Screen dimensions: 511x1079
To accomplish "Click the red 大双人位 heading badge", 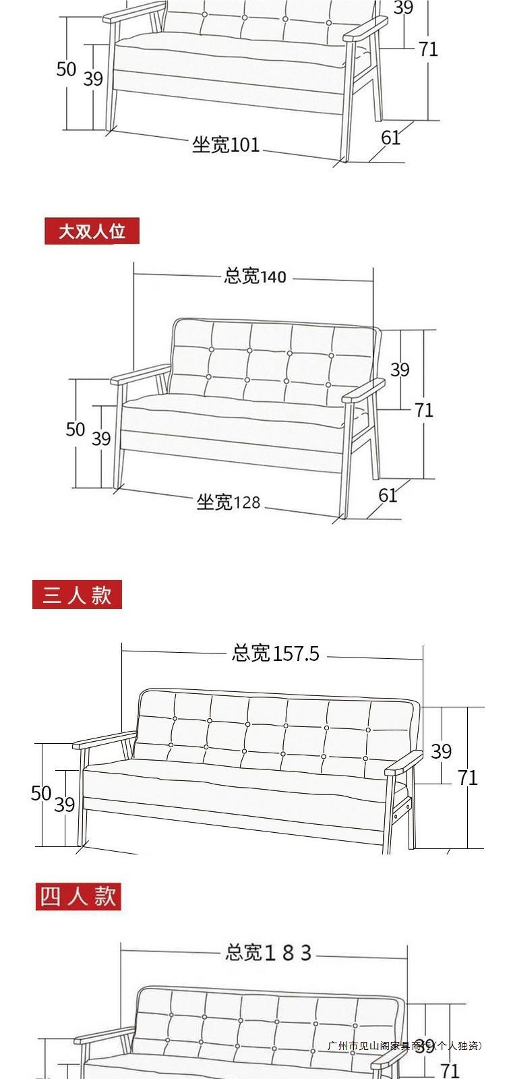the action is pos(92,231).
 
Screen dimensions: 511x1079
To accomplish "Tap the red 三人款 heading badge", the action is pos(77,595).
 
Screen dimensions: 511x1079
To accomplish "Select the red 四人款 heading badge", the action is pos(78,896).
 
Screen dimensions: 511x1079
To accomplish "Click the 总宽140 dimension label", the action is pos(255,276).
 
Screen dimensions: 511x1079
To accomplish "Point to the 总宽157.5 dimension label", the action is pos(275,653).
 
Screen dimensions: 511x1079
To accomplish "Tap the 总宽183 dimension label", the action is pos(268,952).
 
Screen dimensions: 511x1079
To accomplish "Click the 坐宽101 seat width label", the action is pos(226,144).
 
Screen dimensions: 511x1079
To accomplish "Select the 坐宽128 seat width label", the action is pos(228,502).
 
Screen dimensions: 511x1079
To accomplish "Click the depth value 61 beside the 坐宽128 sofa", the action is pos(388,495).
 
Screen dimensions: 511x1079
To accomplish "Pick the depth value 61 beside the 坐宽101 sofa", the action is pos(390,138).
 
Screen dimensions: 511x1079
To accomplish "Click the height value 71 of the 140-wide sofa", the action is pos(423,409).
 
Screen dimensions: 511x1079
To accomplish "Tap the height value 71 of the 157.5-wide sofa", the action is pos(467,778).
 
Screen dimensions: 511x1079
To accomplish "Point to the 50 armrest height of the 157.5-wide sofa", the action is pos(41,793).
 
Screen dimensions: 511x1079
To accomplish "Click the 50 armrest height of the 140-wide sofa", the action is pos(75,430).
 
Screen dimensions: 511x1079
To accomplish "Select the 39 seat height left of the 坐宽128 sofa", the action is pos(101,439).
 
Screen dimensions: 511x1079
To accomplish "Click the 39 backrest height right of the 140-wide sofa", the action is pos(400,370).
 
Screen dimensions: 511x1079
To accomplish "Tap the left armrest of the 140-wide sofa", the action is pos(140,375).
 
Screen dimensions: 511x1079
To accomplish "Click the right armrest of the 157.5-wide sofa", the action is pos(403,763).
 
